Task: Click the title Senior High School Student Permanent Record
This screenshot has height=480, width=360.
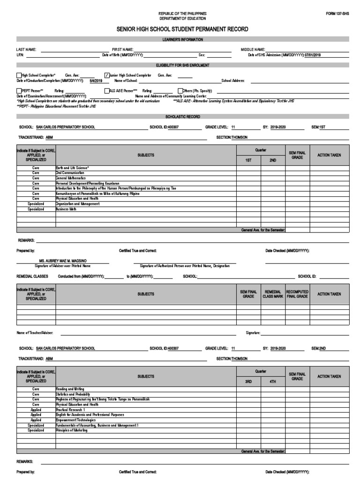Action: pyautogui.click(x=182, y=30)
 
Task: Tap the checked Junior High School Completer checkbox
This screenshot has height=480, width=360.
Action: pyautogui.click(x=107, y=75)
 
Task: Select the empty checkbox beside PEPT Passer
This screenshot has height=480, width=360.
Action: pyautogui.click(x=19, y=91)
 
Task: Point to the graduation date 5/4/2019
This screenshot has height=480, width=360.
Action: pyautogui.click(x=96, y=81)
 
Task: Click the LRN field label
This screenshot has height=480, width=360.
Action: pyautogui.click(x=20, y=55)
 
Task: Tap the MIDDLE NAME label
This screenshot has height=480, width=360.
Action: pyautogui.click(x=253, y=49)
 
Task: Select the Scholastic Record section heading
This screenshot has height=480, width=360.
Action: pyautogui.click(x=182, y=116)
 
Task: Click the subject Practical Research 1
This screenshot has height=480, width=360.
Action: pyautogui.click(x=71, y=409)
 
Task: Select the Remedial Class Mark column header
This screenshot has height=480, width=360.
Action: pyautogui.click(x=273, y=294)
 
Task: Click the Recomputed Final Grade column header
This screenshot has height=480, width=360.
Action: pyautogui.click(x=297, y=294)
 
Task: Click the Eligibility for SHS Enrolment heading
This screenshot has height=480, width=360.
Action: pyautogui.click(x=182, y=65)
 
